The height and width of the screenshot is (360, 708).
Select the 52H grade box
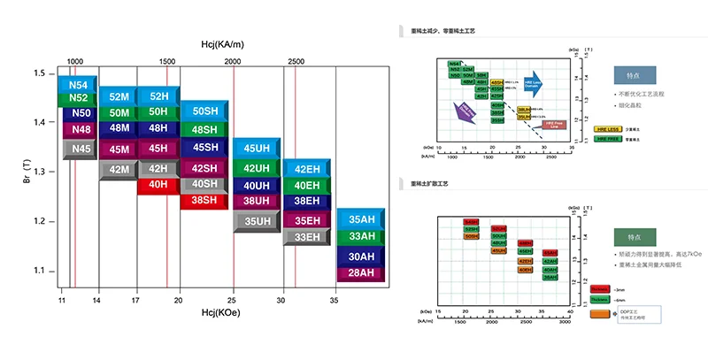coord(158,96)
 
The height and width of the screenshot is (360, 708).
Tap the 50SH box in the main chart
coord(204,111)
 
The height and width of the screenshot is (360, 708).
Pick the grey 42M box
coord(119,169)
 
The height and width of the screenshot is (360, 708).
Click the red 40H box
coord(158,185)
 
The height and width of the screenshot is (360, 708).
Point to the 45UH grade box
coord(257,149)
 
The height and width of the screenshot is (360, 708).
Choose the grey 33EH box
coord(306,236)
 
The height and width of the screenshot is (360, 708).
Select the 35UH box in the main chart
coord(257,221)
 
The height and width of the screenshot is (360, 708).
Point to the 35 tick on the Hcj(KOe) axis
coord(334,302)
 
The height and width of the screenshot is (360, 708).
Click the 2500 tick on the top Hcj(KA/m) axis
coord(296,61)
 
